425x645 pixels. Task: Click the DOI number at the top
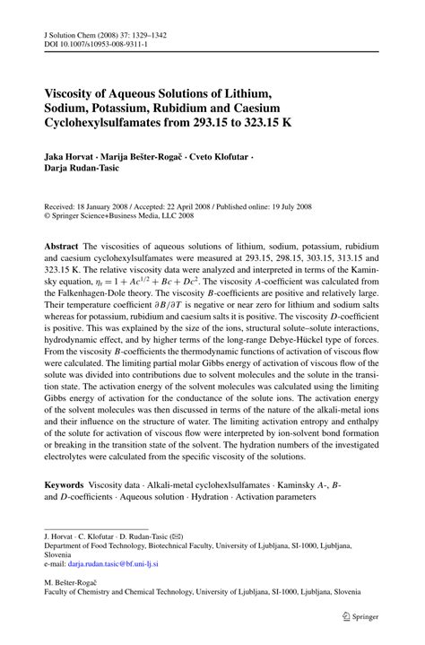97,42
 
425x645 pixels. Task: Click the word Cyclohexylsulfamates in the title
108,126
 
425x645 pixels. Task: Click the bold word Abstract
63,244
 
